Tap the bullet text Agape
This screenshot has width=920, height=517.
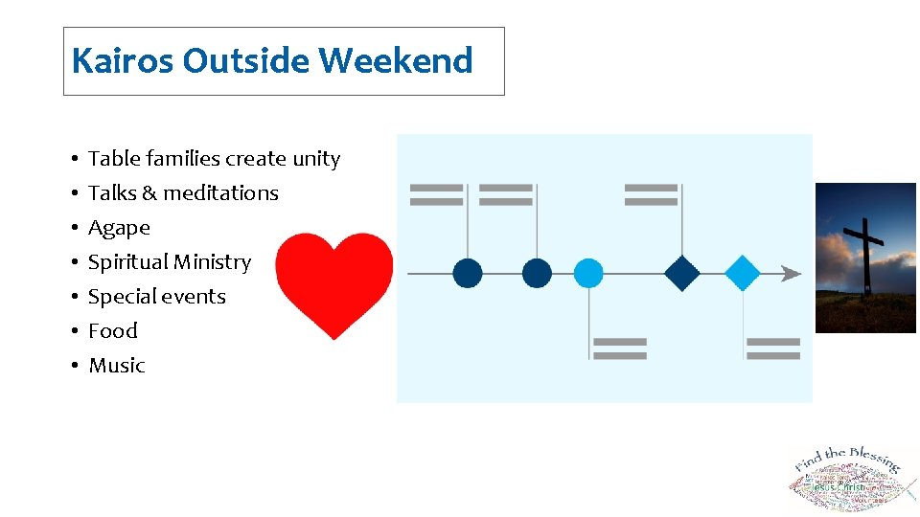(119, 228)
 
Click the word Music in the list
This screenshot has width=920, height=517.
(116, 365)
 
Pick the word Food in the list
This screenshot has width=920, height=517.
(113, 330)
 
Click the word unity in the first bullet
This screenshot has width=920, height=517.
(316, 158)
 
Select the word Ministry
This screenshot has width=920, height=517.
(211, 261)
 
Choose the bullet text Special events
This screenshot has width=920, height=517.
(157, 296)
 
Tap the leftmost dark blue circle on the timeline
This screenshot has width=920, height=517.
(468, 274)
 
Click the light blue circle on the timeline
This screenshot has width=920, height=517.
(588, 274)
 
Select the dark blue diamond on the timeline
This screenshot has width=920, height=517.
(682, 274)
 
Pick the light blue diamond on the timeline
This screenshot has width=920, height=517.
(743, 274)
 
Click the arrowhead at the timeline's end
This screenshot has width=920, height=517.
(792, 274)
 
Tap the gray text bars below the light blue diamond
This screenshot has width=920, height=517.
(773, 348)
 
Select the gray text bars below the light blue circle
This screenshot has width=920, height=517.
(619, 348)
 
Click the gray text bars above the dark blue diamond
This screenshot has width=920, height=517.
(651, 194)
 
